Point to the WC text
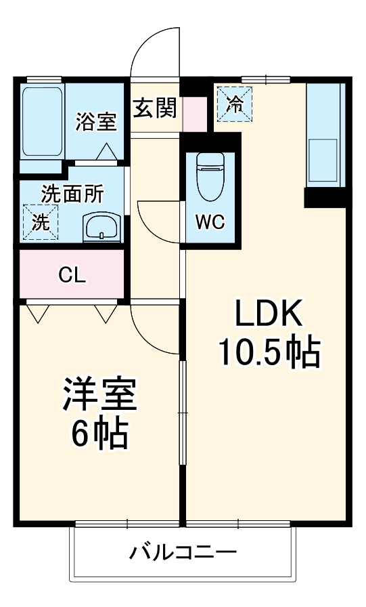click(x=210, y=222)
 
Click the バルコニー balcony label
click(x=183, y=552)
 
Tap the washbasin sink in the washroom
click(x=101, y=228)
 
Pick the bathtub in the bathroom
click(x=43, y=121)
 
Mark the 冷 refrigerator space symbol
click(x=234, y=104)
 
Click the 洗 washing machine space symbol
click(x=41, y=222)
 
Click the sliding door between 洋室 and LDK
click(x=181, y=413)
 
